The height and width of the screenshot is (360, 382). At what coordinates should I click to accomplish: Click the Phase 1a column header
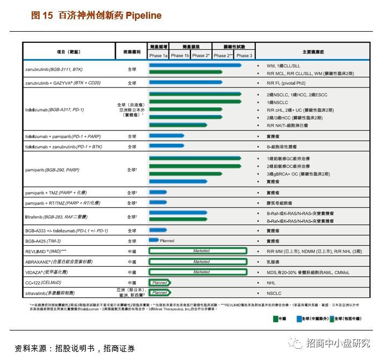159,55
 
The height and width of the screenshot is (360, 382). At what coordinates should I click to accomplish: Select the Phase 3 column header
244,55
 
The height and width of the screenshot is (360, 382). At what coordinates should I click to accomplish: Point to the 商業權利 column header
131,52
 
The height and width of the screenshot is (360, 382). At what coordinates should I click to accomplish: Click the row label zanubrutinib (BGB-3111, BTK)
54,69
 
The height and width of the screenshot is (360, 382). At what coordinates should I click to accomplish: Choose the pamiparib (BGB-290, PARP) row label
52,170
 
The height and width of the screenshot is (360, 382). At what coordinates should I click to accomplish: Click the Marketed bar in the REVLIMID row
197,251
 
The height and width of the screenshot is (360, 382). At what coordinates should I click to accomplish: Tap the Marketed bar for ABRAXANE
197,262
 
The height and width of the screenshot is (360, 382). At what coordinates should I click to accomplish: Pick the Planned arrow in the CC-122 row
159,282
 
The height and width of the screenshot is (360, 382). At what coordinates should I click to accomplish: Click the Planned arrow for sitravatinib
159,293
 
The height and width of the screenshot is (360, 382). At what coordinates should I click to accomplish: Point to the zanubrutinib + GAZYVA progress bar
185,83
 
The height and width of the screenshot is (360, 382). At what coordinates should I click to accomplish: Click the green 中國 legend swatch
274,318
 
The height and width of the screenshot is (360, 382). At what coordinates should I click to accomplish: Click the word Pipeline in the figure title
143,16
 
